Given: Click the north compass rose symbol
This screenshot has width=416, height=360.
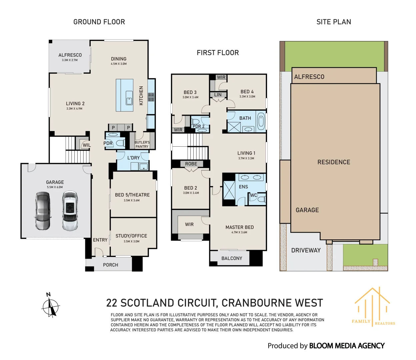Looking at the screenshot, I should (51, 306).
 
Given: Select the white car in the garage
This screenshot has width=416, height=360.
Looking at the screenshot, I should (70, 211).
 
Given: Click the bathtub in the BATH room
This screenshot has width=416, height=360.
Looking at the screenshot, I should (261, 121).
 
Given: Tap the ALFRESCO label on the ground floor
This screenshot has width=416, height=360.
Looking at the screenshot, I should (70, 55).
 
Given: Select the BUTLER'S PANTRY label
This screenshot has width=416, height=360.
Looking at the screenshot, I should (142, 144).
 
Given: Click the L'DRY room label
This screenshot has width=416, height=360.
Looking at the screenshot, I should (133, 158).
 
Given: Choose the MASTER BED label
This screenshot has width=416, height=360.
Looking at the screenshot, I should (239, 227).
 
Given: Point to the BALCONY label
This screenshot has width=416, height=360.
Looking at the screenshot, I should (232, 258).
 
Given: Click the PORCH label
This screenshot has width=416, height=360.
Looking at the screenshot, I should (110, 265).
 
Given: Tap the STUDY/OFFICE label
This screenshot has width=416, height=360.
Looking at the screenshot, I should (131, 236).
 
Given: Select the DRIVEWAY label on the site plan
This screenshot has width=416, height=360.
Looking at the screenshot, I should (306, 250).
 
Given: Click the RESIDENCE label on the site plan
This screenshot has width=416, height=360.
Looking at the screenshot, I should (334, 162).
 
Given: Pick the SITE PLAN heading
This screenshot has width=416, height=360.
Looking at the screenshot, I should (333, 22).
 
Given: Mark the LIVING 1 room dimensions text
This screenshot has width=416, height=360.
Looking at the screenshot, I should (246, 158).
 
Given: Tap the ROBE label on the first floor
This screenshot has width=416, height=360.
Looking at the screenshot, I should (191, 164).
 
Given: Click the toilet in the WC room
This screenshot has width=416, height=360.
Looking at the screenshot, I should (261, 199).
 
